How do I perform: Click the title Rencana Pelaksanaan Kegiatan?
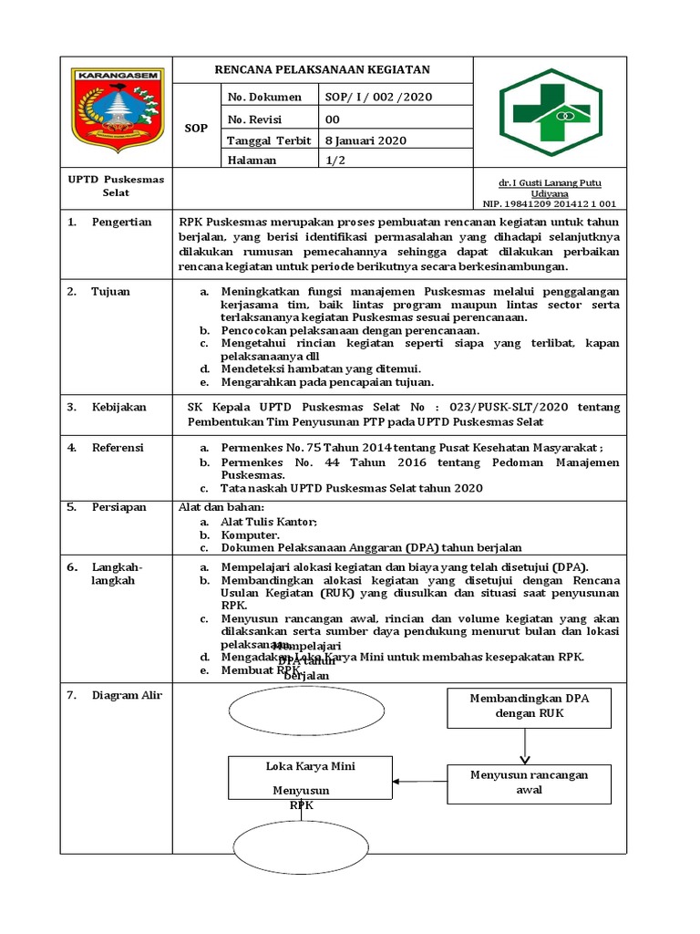[322, 69]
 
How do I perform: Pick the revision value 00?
[333, 119]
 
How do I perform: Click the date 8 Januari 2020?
[365, 140]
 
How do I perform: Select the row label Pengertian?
[121, 223]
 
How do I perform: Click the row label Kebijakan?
[118, 407]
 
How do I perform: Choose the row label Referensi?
[118, 448]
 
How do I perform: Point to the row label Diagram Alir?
[126, 695]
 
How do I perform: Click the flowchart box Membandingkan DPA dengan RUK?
[529, 707]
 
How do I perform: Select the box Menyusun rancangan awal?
[529, 782]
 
